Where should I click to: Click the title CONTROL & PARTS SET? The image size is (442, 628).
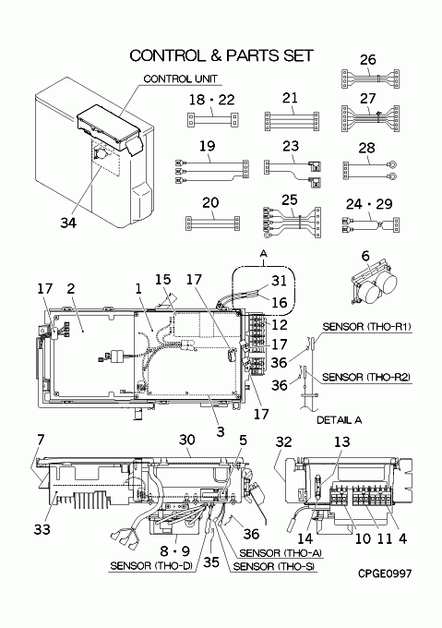click(x=221, y=55)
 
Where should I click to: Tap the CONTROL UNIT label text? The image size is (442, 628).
click(x=181, y=78)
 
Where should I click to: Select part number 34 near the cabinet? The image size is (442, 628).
click(x=68, y=223)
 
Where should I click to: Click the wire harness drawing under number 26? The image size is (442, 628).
click(x=370, y=78)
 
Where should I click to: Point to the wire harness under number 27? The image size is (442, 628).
click(x=370, y=118)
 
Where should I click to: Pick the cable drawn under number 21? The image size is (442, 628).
click(x=292, y=121)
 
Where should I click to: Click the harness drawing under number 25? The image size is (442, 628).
click(x=292, y=223)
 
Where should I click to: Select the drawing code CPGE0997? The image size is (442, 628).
click(x=385, y=574)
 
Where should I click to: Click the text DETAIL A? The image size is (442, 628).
click(x=340, y=419)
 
